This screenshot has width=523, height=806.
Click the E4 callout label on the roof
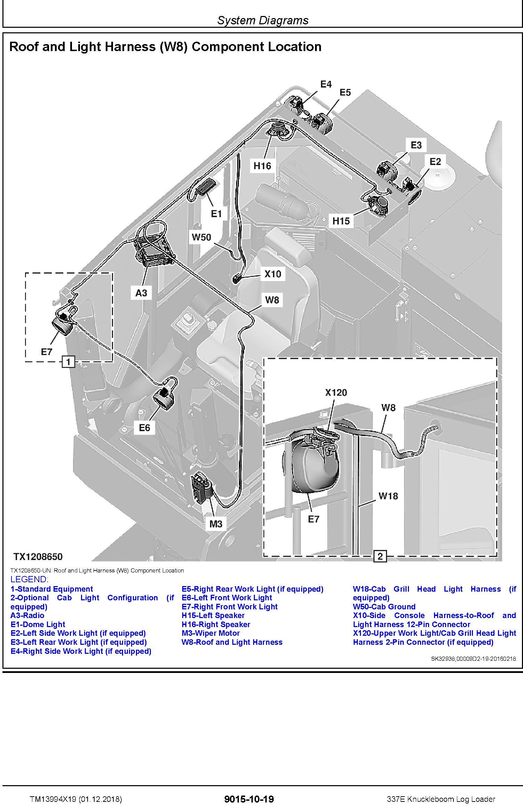[326, 84]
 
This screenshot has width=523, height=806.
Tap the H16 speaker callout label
[262, 166]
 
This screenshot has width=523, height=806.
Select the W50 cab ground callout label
[201, 237]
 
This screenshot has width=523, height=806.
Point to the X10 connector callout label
[273, 274]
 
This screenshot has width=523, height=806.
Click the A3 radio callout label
[141, 293]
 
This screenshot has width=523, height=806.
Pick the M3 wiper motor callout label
[216, 524]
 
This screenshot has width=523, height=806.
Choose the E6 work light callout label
[144, 428]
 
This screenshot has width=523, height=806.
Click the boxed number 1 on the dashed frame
[68, 362]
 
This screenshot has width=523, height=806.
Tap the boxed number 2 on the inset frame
[380, 557]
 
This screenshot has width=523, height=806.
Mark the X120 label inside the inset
[336, 393]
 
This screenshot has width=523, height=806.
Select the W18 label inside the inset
[388, 496]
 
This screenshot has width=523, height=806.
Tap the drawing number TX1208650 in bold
[38, 557]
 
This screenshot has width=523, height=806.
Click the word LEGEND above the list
[30, 579]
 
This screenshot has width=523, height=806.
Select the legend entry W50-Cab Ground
[384, 607]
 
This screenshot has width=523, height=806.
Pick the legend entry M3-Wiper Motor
[210, 633]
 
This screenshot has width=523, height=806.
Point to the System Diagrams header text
[263, 20]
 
